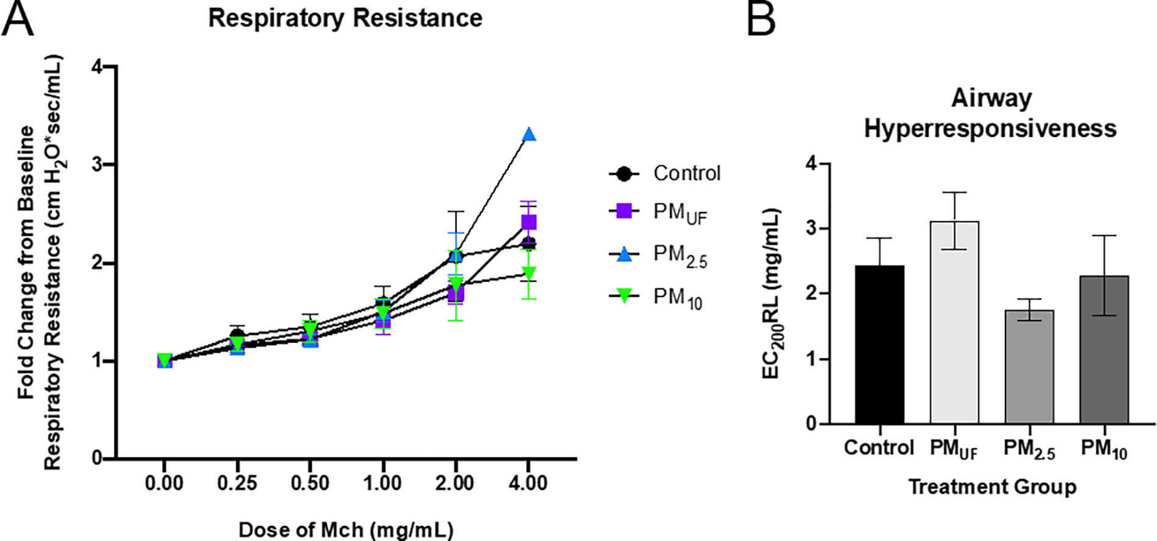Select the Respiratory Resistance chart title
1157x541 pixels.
tap(345, 18)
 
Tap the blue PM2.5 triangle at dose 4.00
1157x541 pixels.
tap(529, 135)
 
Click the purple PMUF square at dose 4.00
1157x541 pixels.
tap(529, 222)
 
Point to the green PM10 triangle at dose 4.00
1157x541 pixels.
tap(529, 272)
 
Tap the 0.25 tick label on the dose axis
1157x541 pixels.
tap(237, 483)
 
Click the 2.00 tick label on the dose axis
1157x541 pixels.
tap(455, 483)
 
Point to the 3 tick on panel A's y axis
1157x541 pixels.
tap(97, 165)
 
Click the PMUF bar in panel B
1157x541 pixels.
tap(954, 323)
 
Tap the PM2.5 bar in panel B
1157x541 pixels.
tap(1029, 367)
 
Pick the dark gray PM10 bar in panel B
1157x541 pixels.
tap(1104, 350)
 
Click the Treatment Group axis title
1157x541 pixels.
tap(992, 487)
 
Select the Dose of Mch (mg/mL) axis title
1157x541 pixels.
tap(345, 529)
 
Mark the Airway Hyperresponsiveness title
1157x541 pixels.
tap(991, 113)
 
